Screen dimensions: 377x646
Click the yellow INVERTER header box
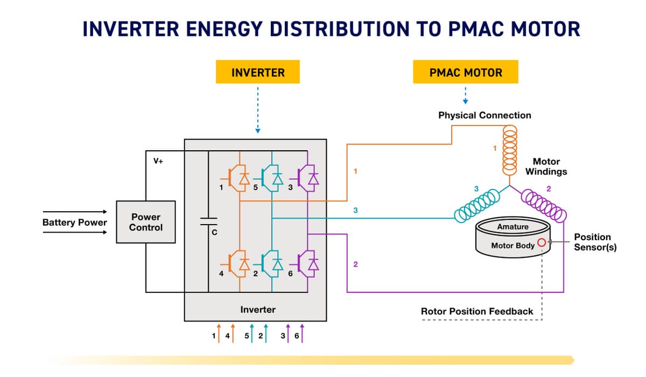(x=257, y=72)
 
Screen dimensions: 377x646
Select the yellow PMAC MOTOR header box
(x=466, y=72)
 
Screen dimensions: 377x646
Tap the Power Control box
(x=146, y=222)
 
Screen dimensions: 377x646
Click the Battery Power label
(x=75, y=222)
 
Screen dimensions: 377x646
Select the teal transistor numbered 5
(x=271, y=178)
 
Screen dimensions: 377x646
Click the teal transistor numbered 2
(x=271, y=263)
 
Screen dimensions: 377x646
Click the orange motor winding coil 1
(x=509, y=150)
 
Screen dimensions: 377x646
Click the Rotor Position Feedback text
(x=477, y=311)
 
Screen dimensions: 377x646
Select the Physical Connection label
(x=484, y=115)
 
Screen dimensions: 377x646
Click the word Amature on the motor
(x=512, y=227)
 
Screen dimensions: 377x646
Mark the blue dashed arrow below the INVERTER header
(x=258, y=110)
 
